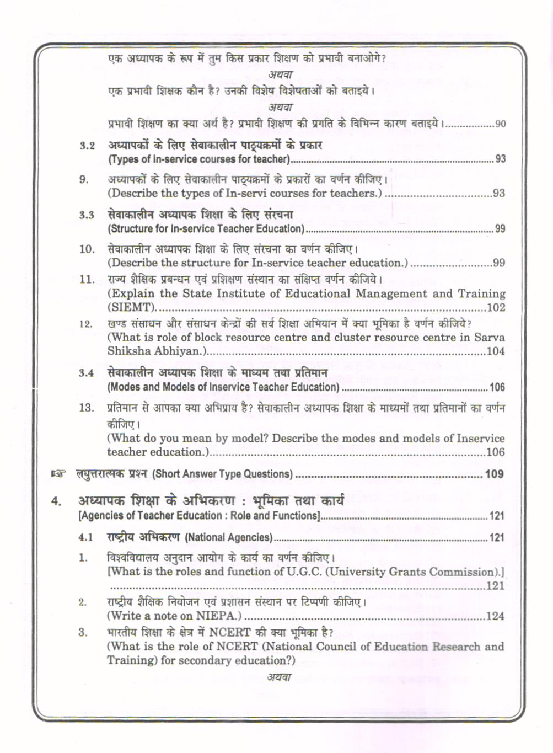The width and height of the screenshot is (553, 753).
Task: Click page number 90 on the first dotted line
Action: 500,124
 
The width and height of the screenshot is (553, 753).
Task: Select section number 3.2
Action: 87,146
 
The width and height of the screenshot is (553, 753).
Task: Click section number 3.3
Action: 87,215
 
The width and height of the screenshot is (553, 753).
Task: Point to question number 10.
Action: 87,249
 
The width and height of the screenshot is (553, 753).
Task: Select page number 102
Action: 496,307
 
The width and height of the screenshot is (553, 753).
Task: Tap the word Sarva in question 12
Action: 489,337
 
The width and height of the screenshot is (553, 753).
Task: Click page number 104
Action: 496,351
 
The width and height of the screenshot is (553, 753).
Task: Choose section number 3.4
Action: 87,373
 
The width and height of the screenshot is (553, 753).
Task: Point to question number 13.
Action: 87,408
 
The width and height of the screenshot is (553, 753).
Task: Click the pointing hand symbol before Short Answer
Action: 58,474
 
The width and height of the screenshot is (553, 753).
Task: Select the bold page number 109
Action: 494,474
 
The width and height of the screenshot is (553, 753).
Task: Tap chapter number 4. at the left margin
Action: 56,501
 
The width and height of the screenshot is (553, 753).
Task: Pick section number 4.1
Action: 86,537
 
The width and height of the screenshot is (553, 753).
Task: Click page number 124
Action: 495,616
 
